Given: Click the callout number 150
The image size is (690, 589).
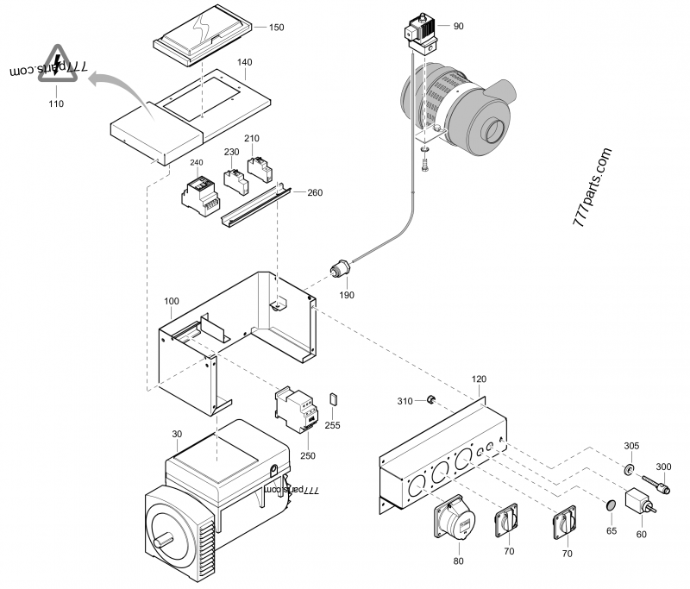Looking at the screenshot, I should pos(276,28).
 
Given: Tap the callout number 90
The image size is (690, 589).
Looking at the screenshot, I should pos(458,26).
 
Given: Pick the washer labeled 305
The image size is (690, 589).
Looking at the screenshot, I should pos(630,469).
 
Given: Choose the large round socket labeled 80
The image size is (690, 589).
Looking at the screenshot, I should pos(456,523).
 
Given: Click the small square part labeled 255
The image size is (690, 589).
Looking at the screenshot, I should pos(335,399).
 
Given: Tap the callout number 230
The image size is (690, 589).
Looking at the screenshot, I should pos(231,152).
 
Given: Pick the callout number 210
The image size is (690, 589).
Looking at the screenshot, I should pos(252,138).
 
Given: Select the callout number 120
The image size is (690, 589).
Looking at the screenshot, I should pos(479,379).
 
